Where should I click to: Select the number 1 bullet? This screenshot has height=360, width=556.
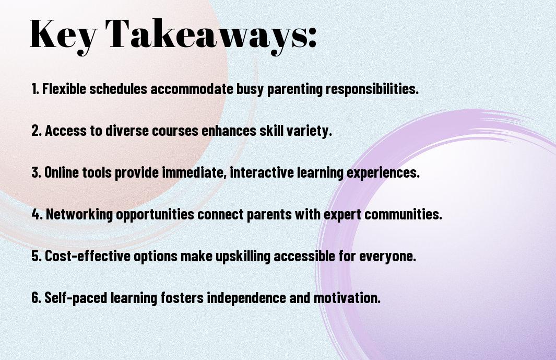(x=35, y=89)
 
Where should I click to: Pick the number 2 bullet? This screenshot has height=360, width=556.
(x=37, y=131)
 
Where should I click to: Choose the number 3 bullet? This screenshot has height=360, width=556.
(x=37, y=172)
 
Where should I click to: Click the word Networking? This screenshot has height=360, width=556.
(x=79, y=215)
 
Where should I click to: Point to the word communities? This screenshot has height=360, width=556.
(x=403, y=214)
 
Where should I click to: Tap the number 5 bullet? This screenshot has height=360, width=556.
(x=37, y=256)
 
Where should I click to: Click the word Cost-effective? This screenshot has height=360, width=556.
(x=87, y=256)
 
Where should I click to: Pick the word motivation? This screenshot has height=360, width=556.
(x=347, y=297)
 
